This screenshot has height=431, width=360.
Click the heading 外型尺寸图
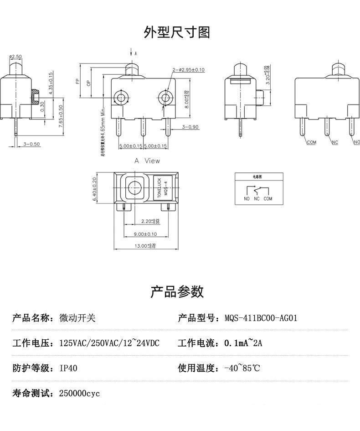coord(177,32)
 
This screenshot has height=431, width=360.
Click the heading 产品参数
coord(177,291)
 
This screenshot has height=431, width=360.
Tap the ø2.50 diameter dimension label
coord(15,57)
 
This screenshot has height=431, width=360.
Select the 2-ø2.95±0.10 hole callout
coord(188,70)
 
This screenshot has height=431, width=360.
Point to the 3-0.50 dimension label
coord(31,144)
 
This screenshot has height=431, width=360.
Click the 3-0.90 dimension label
coord(190,127)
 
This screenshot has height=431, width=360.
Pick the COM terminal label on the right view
coord(311,142)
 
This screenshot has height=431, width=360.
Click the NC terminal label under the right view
coord(335,143)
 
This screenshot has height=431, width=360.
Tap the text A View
coord(147,161)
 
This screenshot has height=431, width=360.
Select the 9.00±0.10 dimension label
coord(145,234)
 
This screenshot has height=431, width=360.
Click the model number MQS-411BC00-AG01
coord(261,318)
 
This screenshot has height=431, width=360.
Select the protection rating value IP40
coord(68,368)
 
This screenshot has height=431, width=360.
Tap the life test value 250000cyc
coord(79,393)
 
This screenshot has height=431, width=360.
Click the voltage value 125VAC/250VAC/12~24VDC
coord(109,343)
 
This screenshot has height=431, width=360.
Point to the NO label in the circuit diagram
coord(247,199)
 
